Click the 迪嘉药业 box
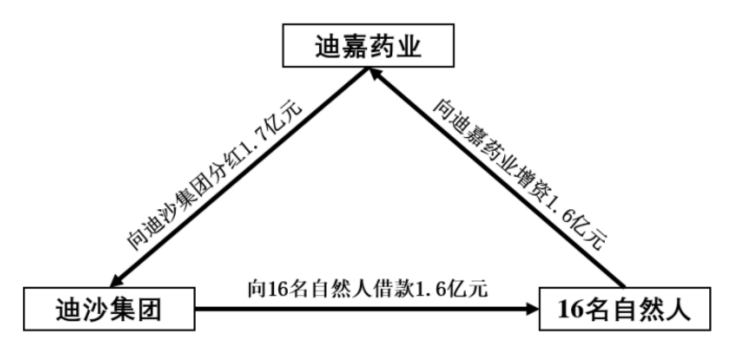(368, 46)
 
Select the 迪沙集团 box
(109, 309)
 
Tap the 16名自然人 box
(625, 309)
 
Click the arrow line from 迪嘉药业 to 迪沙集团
(235, 178)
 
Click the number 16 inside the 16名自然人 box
(570, 310)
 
